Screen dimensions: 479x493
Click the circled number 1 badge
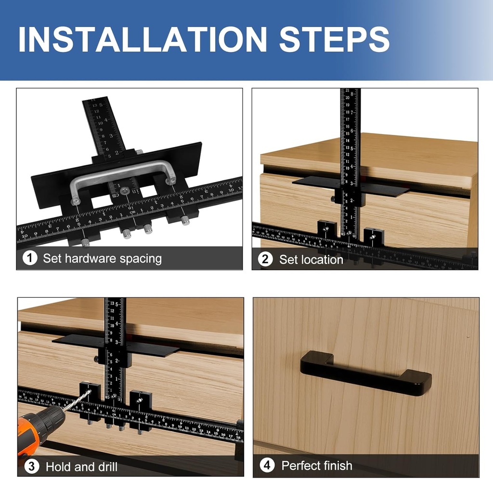pyautogui.click(x=30, y=258)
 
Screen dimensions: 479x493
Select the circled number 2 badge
pyautogui.click(x=265, y=259)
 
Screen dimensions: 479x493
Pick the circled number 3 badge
pyautogui.click(x=31, y=466)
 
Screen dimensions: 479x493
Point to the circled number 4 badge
pyautogui.click(x=267, y=465)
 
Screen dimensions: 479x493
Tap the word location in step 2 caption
pyautogui.click(x=320, y=260)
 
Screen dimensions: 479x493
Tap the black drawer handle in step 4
pyautogui.click(x=366, y=374)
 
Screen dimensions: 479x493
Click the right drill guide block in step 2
pyautogui.click(x=374, y=237)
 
